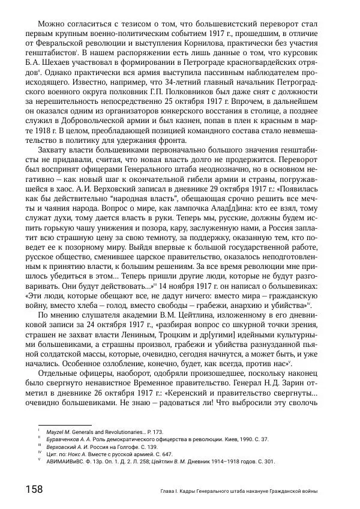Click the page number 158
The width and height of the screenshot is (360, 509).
click(34, 490)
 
